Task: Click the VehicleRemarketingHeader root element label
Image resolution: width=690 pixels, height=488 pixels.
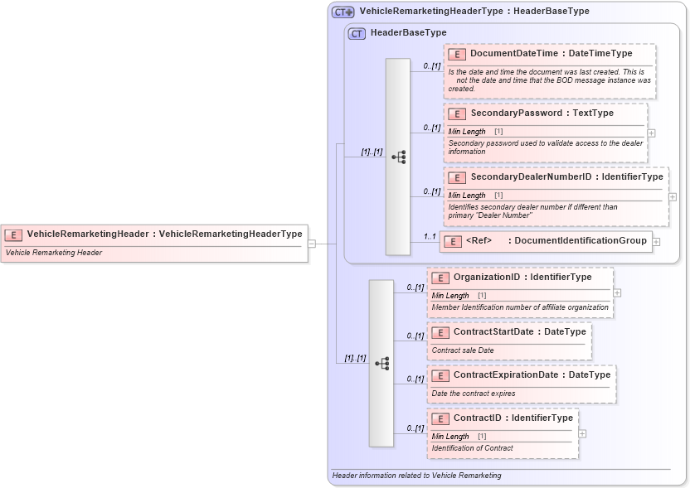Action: pyautogui.click(x=164, y=234)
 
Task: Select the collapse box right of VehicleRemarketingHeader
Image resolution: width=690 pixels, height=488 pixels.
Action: pyautogui.click(x=312, y=244)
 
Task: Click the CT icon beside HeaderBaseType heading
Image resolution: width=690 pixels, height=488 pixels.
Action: pyautogui.click(x=357, y=33)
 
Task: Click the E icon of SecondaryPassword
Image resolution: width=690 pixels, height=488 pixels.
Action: pyautogui.click(x=456, y=114)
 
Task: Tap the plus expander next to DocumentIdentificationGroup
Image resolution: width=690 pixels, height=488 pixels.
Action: pyautogui.click(x=656, y=242)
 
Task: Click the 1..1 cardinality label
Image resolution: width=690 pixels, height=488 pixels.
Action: pyautogui.click(x=430, y=236)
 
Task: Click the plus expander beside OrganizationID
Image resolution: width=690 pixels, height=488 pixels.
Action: pyautogui.click(x=617, y=292)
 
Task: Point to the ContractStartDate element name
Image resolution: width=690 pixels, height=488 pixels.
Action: pyautogui.click(x=519, y=331)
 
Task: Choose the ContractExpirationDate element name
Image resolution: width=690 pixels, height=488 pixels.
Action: pyautogui.click(x=532, y=374)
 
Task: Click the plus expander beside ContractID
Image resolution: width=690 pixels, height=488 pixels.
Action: pyautogui.click(x=582, y=433)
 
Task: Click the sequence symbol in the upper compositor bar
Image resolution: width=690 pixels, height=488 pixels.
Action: pyautogui.click(x=398, y=157)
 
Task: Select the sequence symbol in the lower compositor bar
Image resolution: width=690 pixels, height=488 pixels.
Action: pyautogui.click(x=381, y=363)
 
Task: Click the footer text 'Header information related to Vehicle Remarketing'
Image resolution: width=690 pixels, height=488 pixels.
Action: pyautogui.click(x=416, y=476)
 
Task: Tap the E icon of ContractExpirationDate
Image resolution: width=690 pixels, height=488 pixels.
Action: pyautogui.click(x=440, y=374)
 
